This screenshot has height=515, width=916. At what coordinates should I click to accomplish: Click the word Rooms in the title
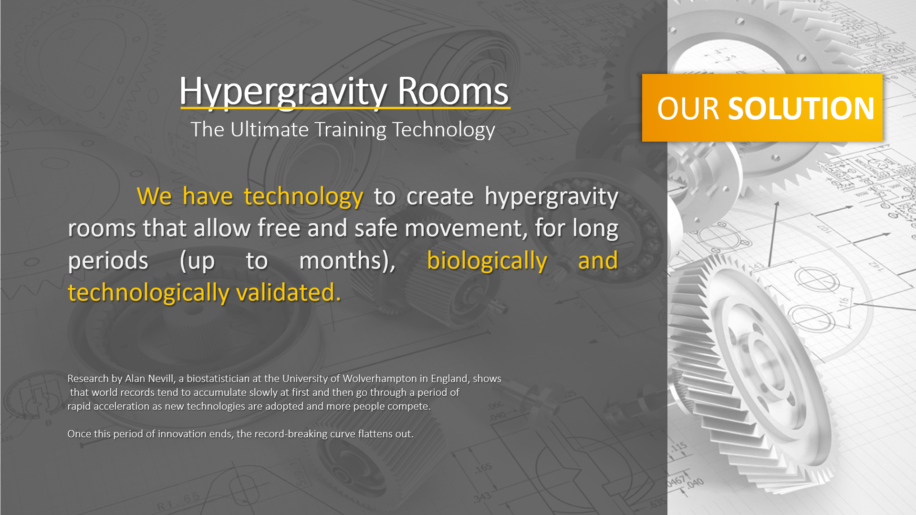point(453,91)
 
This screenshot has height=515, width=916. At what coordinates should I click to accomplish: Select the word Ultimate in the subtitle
point(270,129)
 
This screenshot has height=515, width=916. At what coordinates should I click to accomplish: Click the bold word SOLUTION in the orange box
point(801,108)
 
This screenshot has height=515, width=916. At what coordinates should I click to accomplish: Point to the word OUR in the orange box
point(688,108)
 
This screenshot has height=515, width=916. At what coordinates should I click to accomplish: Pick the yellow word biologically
point(487,261)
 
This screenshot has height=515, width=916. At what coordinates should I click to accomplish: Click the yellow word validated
point(289,292)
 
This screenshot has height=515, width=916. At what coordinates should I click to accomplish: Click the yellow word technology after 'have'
point(303,197)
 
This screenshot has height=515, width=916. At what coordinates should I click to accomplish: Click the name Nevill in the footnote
point(162,379)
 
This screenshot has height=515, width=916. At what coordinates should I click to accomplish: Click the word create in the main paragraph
point(440,197)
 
